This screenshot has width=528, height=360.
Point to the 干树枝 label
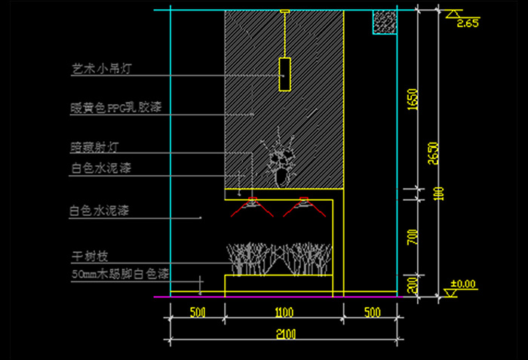tap(86, 257)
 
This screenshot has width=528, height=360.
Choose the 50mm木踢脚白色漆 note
tap(118, 272)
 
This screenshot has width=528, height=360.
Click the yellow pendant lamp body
tap(284, 74)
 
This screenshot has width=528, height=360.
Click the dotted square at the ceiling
tap(384, 22)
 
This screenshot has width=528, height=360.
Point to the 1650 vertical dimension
tap(412, 100)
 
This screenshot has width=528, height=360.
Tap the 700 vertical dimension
tap(412, 237)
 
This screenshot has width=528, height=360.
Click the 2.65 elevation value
tap(468, 23)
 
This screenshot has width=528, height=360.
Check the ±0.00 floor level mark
tap(463, 285)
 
